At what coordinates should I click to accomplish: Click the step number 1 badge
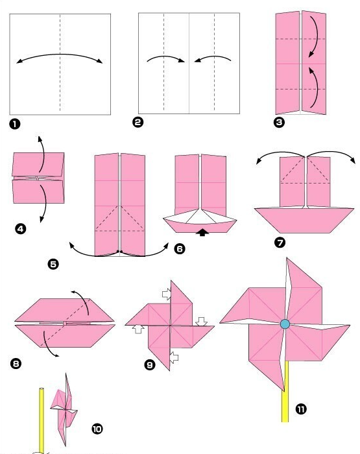pyautogui.click(x=15, y=125)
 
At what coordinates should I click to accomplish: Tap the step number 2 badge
pyautogui.click(x=138, y=122)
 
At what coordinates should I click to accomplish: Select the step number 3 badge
pyautogui.click(x=279, y=122)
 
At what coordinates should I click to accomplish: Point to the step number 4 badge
pyautogui.click(x=20, y=229)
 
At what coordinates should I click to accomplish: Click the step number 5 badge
pyautogui.click(x=53, y=264)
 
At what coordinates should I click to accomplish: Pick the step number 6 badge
pyautogui.click(x=180, y=248)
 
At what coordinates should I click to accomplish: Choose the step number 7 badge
pyautogui.click(x=280, y=243)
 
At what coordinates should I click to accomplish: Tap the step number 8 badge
pyautogui.click(x=16, y=363)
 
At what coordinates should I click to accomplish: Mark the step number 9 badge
pyautogui.click(x=150, y=364)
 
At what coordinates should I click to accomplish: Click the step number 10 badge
pyautogui.click(x=97, y=429)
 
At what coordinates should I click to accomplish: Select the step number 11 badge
pyautogui.click(x=301, y=409)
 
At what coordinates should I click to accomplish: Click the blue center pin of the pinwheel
pyautogui.click(x=285, y=324)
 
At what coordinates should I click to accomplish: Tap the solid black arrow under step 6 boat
pyautogui.click(x=202, y=232)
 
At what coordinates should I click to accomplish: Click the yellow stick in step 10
pyautogui.click(x=42, y=420)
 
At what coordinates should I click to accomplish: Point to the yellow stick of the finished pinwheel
pyautogui.click(x=285, y=392)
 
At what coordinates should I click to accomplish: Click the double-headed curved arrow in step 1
pyautogui.click(x=60, y=54)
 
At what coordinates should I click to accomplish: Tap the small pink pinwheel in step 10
pyautogui.click(x=64, y=409)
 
